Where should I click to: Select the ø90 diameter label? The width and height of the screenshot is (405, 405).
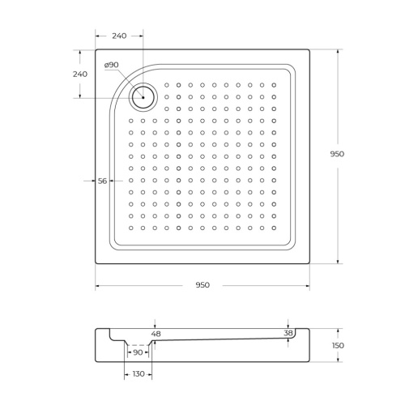(x=112, y=65)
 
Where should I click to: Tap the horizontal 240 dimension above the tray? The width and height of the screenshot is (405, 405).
(x=119, y=36)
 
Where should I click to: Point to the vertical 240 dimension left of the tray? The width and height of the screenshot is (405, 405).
(x=79, y=74)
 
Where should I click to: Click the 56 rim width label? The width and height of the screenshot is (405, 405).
(x=102, y=181)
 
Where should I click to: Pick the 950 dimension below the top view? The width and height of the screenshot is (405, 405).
(x=202, y=285)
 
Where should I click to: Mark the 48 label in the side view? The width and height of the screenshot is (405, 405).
(x=156, y=334)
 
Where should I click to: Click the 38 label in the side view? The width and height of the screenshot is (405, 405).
(x=288, y=333)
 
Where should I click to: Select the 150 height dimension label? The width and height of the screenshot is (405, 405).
(x=338, y=346)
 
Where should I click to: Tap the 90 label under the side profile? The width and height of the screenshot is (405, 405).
(x=137, y=352)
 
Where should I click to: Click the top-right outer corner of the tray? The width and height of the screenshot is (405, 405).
(x=309, y=49)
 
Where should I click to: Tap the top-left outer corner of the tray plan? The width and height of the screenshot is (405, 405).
(x=96, y=49)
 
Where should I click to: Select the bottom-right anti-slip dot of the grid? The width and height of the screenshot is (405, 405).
(x=275, y=228)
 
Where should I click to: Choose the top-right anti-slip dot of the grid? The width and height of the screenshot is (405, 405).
(x=275, y=84)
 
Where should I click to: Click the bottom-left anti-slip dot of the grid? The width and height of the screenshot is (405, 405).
(x=131, y=228)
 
